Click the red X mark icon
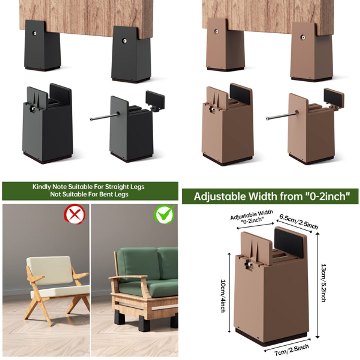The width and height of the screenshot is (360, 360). click(x=75, y=214)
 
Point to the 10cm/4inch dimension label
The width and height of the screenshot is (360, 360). click(x=223, y=293)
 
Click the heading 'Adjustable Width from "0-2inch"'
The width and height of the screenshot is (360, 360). click(x=270, y=196)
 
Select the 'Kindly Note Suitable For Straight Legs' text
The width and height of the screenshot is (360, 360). click(x=88, y=187)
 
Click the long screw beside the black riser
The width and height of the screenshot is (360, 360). click(x=104, y=117)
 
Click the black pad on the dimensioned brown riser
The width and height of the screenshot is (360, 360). click(x=289, y=243)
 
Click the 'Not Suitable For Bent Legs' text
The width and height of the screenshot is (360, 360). click(x=89, y=194)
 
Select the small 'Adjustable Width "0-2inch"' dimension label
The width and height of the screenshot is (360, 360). click(x=252, y=216)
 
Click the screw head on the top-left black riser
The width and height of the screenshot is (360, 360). click(x=35, y=33)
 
